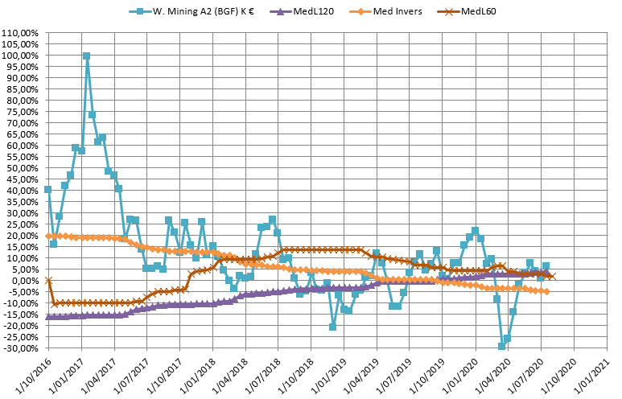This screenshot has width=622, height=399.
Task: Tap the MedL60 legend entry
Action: point(477,12)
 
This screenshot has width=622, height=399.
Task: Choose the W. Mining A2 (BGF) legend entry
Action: point(202,12)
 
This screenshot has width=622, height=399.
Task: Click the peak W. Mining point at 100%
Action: point(86,56)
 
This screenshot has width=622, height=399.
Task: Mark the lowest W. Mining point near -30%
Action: point(501,346)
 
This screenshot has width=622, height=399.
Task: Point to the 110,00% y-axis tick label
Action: point(22,33)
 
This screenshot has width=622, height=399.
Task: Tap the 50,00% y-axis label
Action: point(24,167)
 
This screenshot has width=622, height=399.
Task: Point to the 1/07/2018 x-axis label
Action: point(261,374)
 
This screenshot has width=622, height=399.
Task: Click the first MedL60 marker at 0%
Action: point(48,280)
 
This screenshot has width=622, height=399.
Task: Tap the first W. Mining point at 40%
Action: point(48,189)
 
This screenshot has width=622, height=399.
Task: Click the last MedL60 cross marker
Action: point(551,276)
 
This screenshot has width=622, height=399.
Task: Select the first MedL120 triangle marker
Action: point(48,317)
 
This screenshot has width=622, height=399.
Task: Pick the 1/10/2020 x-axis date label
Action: point(557,374)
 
